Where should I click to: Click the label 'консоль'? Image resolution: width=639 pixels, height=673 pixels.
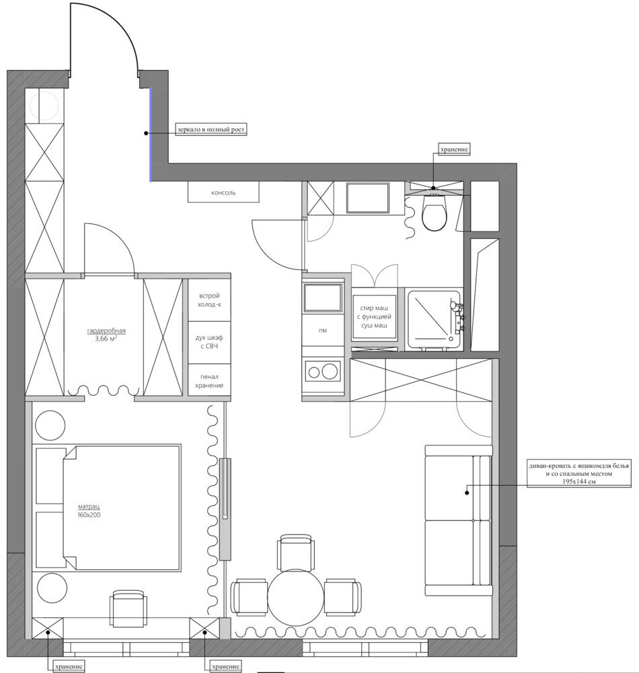click(x=223, y=193)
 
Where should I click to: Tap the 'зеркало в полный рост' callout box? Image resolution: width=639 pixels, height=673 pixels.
click(x=211, y=130)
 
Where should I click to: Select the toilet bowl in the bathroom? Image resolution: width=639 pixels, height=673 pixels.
click(x=435, y=213)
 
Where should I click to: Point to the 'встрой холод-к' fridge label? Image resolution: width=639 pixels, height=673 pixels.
click(x=209, y=300)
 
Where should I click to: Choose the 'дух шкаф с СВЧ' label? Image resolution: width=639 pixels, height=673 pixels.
click(x=209, y=342)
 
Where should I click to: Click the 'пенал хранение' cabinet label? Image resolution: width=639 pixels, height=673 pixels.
click(x=209, y=381)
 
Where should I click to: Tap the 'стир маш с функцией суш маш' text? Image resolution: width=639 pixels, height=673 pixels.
click(x=375, y=317)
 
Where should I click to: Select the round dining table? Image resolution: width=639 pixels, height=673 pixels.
click(x=295, y=598)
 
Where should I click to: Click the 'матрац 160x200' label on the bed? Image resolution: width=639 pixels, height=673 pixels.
click(x=89, y=511)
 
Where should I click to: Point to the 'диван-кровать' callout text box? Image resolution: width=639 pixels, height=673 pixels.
click(x=579, y=474)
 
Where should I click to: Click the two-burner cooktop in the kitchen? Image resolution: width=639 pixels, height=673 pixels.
click(x=323, y=371)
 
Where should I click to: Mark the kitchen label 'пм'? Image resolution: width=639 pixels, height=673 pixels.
click(x=323, y=330)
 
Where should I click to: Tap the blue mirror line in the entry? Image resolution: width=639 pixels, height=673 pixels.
click(x=150, y=135)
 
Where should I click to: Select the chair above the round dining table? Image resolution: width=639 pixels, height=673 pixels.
click(x=295, y=553)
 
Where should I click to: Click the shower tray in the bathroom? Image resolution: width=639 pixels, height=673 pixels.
click(x=434, y=319)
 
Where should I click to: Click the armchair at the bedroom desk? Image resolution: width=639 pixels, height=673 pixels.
click(x=128, y=608)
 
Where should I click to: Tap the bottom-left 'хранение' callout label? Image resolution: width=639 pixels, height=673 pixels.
click(x=69, y=667)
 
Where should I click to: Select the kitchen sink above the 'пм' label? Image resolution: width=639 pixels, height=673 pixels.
click(x=323, y=297)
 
